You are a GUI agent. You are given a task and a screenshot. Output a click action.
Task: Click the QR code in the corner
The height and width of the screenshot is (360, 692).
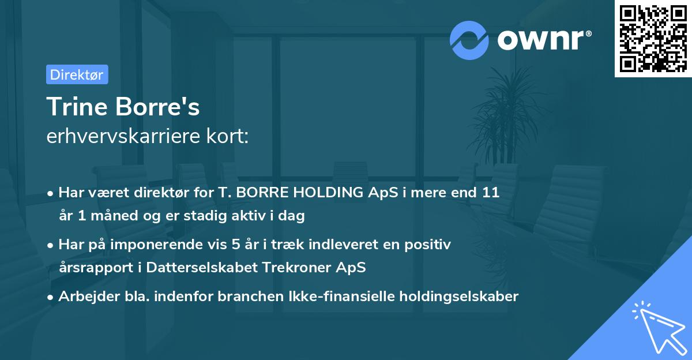tap(653, 39)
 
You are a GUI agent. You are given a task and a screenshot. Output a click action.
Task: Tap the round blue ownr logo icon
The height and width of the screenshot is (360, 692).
tap(469, 40)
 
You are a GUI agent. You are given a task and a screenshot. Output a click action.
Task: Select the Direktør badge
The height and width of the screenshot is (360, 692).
tap(77, 74)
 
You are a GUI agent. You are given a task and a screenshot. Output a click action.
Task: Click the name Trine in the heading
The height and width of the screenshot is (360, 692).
tap(74, 107)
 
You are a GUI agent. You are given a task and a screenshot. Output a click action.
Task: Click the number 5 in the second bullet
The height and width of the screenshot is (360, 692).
tap(235, 245)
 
